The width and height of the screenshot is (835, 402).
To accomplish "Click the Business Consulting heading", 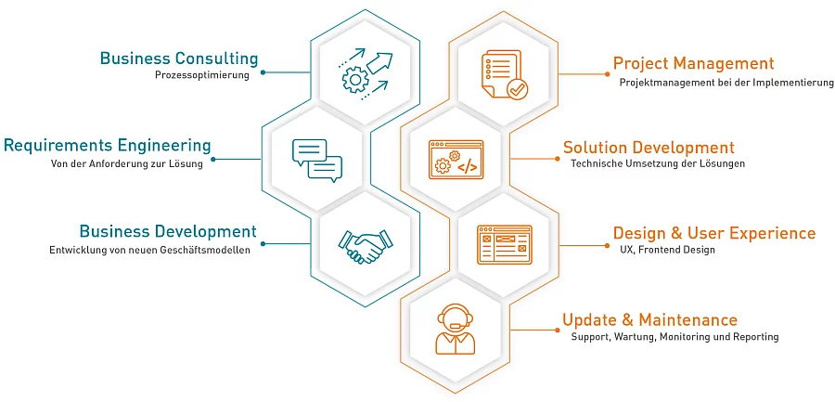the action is (x=179, y=58).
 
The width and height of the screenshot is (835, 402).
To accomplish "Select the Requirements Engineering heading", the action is (x=108, y=145).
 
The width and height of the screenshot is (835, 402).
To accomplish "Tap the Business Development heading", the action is (x=168, y=231).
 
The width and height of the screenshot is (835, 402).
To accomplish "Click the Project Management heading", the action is (x=694, y=63).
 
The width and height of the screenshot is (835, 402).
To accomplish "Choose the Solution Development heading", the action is (x=649, y=147).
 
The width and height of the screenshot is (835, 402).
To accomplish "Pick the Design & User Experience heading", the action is (x=714, y=233).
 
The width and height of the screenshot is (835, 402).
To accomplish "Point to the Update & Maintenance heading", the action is (x=650, y=320).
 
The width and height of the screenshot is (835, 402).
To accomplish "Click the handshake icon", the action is (x=366, y=246).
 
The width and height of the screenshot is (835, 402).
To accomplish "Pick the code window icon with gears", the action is (x=456, y=160).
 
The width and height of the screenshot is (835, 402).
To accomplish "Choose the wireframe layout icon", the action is (x=504, y=245).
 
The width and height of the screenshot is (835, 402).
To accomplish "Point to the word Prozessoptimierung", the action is (x=202, y=75).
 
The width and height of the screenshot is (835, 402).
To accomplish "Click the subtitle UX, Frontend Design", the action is (x=667, y=250).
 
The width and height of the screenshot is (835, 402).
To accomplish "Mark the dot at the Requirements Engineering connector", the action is (x=213, y=159).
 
